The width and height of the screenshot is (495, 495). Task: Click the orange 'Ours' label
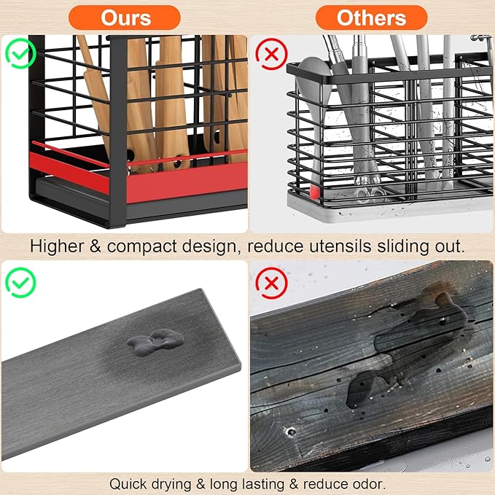pyautogui.click(x=125, y=17)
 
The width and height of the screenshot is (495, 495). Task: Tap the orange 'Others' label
pyautogui.click(x=371, y=17)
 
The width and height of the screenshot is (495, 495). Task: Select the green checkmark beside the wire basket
pyautogui.click(x=20, y=53)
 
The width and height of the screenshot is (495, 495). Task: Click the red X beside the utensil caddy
pyautogui.click(x=271, y=54)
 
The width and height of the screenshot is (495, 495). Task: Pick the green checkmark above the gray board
pyautogui.click(x=20, y=283)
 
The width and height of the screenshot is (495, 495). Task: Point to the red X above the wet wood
pyautogui.click(x=271, y=283)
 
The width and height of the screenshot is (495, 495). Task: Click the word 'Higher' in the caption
pyautogui.click(x=57, y=246)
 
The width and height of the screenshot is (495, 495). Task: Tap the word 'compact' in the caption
pyautogui.click(x=141, y=247)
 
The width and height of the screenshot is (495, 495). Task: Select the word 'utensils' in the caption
pyautogui.click(x=340, y=246)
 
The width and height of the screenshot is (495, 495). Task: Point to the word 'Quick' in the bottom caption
pyautogui.click(x=128, y=483)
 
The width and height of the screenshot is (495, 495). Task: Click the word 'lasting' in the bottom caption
pyautogui.click(x=262, y=484)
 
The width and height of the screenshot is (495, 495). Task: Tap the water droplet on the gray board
pyautogui.click(x=155, y=342)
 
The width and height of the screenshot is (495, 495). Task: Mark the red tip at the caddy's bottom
pyautogui.click(x=314, y=192)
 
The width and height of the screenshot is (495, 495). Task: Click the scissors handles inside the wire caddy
pyautogui.click(x=370, y=193)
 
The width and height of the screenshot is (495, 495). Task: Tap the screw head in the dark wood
pyautogui.click(x=291, y=431)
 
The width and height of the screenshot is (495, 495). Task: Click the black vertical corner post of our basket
pyautogui.click(x=118, y=131)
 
